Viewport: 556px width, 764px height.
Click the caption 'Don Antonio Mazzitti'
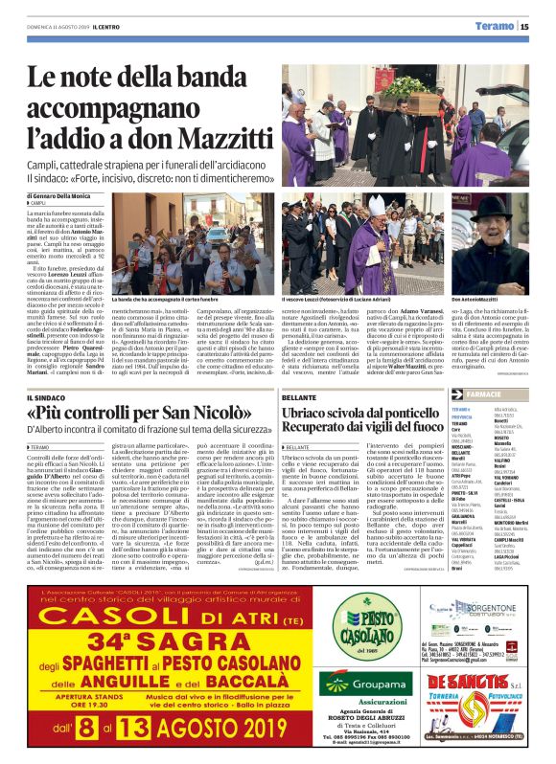pyautogui.click(x=500, y=300)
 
